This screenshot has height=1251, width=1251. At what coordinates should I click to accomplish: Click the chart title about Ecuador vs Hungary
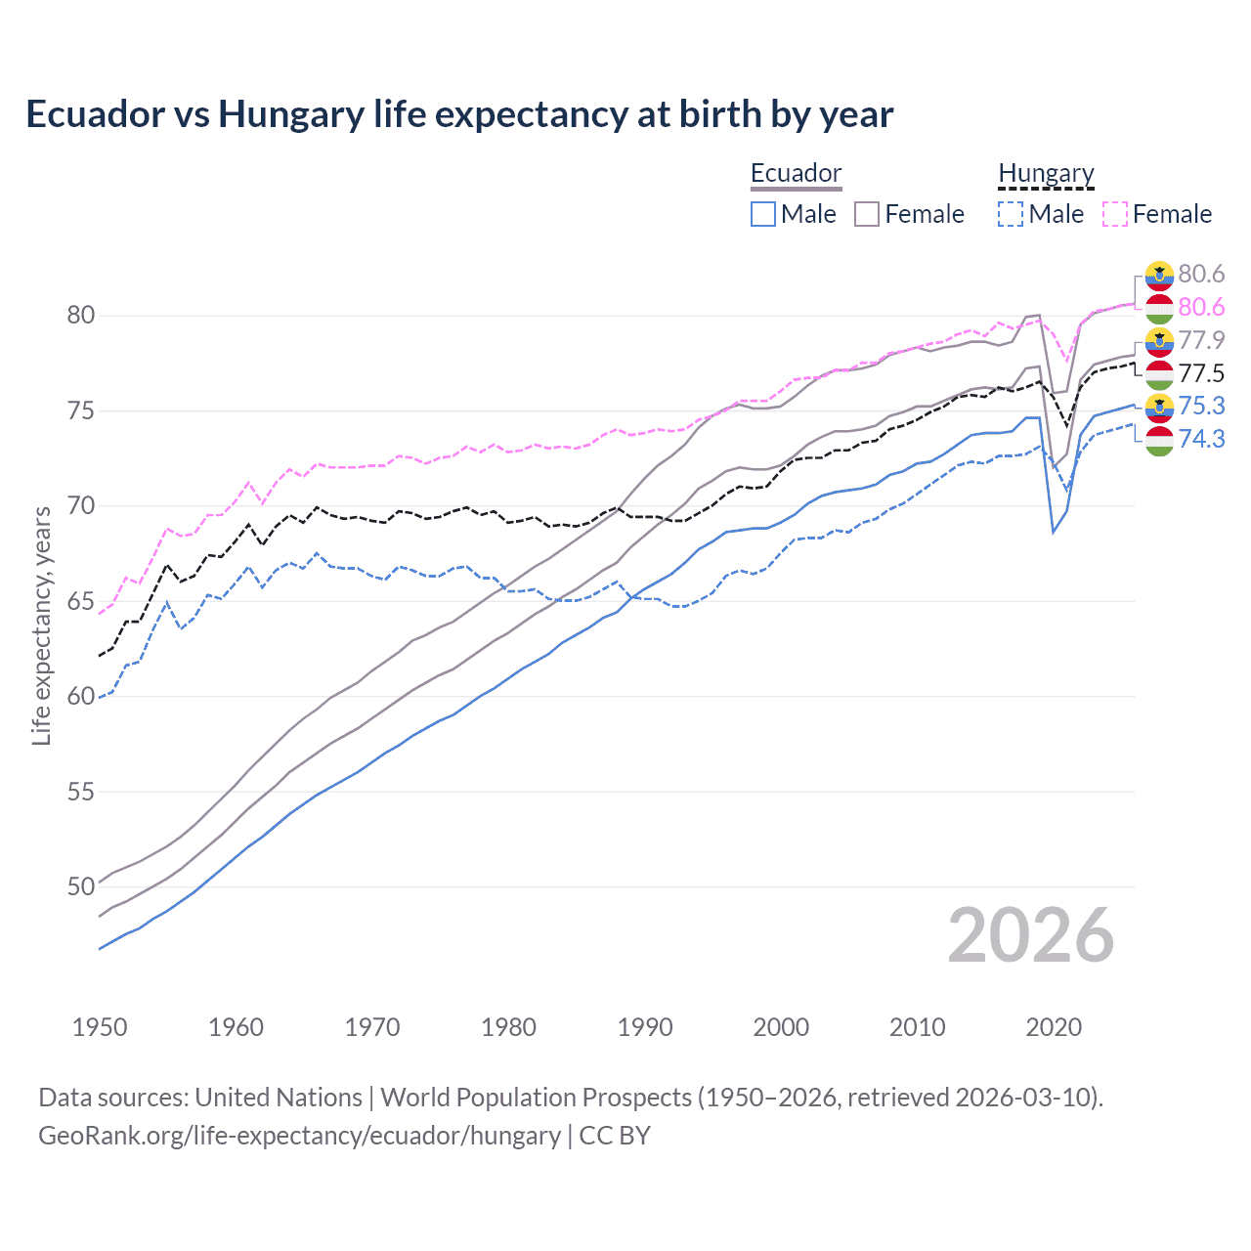click(459, 114)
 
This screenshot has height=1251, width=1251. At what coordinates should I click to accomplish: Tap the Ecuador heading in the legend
click(796, 173)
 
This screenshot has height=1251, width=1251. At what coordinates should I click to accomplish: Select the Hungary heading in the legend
click(1046, 173)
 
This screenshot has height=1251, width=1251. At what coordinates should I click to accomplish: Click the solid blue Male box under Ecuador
click(763, 214)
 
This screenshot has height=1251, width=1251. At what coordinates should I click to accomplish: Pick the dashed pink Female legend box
click(1115, 214)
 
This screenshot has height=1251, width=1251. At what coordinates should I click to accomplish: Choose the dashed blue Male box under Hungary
click(1012, 214)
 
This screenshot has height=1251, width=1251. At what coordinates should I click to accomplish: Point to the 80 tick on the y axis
click(81, 315)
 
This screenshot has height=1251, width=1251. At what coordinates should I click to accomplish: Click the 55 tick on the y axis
click(81, 792)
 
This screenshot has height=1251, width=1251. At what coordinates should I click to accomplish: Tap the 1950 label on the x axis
click(100, 1027)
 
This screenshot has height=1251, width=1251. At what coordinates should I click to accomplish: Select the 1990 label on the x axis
click(645, 1027)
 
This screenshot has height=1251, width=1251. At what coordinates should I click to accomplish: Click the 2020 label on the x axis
click(1054, 1027)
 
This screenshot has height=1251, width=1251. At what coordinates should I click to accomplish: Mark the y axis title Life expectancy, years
click(42, 625)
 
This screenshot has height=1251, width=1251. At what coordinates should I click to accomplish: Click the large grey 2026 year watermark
click(1030, 935)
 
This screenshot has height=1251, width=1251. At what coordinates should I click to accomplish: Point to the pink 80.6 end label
click(1201, 307)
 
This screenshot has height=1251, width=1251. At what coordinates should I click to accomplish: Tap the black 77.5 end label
click(1201, 373)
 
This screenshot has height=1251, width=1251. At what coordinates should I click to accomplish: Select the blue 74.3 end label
click(1201, 439)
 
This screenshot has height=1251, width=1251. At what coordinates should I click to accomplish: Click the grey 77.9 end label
click(1201, 340)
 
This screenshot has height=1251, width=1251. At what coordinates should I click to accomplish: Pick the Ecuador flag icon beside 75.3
click(1159, 407)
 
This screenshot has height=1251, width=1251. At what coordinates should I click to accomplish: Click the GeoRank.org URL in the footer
click(299, 1136)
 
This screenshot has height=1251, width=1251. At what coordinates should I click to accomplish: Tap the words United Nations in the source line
click(279, 1098)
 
